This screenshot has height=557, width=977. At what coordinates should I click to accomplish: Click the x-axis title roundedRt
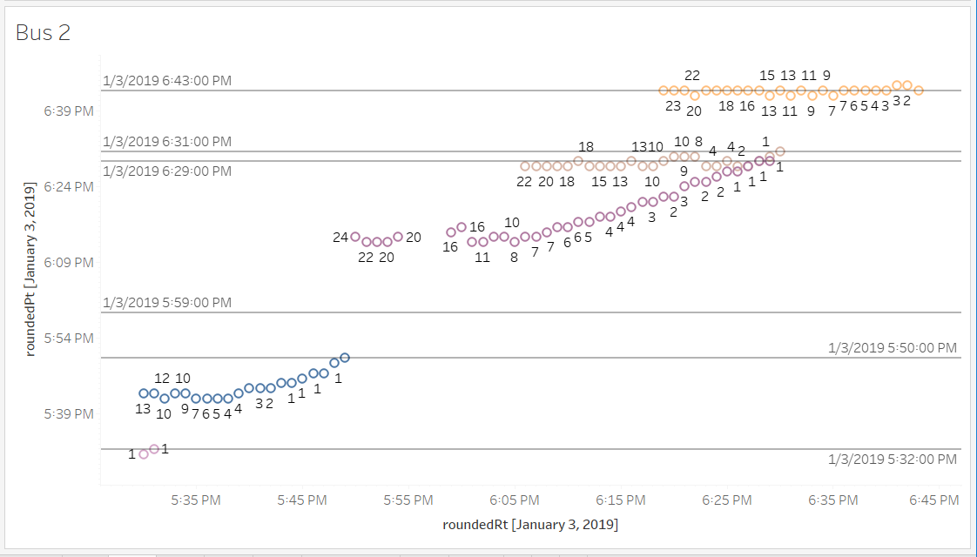pyautogui.click(x=530, y=524)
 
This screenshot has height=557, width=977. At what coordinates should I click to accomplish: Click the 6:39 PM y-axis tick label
pyautogui.click(x=69, y=111)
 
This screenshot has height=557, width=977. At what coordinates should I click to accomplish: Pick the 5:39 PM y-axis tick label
pyautogui.click(x=69, y=413)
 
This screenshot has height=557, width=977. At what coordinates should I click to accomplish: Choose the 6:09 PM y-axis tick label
pyautogui.click(x=69, y=262)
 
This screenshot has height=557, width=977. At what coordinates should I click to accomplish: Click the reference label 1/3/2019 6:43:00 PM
pyautogui.click(x=167, y=80)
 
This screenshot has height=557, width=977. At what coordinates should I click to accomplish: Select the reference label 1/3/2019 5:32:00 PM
pyautogui.click(x=893, y=459)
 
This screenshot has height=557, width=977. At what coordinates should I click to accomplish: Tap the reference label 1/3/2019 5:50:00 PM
pyautogui.click(x=893, y=348)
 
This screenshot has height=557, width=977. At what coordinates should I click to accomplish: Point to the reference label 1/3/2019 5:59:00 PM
pyautogui.click(x=167, y=302)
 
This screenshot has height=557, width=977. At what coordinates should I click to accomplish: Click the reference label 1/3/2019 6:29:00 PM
pyautogui.click(x=167, y=171)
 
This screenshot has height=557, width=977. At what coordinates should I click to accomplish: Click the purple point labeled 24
pyautogui.click(x=355, y=237)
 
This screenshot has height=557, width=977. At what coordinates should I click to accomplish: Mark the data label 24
pyautogui.click(x=340, y=238)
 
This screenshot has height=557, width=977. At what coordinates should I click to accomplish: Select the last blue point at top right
pyautogui.click(x=345, y=357)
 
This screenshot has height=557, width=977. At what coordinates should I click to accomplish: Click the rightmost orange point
pyautogui.click(x=918, y=90)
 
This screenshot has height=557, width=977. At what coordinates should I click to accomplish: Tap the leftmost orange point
pyautogui.click(x=664, y=90)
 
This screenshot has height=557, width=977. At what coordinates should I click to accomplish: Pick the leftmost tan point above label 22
pyautogui.click(x=525, y=165)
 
